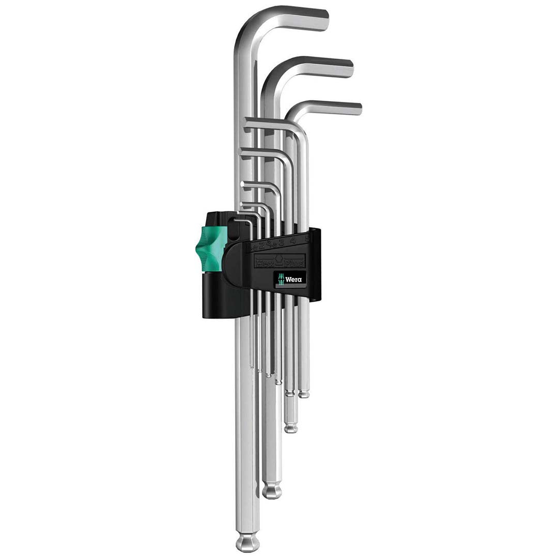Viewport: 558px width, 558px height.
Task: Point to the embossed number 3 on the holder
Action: [281, 242]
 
